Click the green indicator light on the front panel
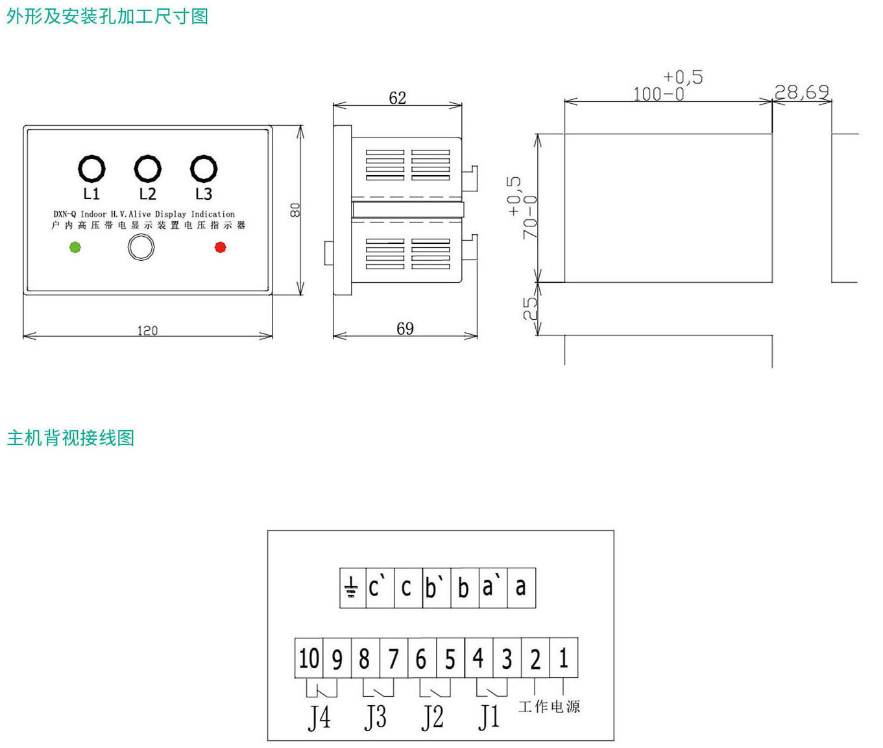pyautogui.click(x=75, y=247)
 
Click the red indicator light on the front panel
pyautogui.click(x=221, y=247)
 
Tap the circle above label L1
pyautogui.click(x=91, y=169)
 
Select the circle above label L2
pyautogui.click(x=148, y=169)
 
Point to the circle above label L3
pyautogui.click(x=204, y=169)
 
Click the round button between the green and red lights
pyautogui.click(x=141, y=247)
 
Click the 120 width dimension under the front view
pyautogui.click(x=147, y=331)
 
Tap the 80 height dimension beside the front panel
pyautogui.click(x=295, y=210)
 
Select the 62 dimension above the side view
pyautogui.click(x=398, y=98)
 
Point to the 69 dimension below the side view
pyautogui.click(x=405, y=329)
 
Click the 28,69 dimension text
pyautogui.click(x=802, y=93)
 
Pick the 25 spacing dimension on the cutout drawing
pyautogui.click(x=531, y=309)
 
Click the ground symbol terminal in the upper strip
pyautogui.click(x=352, y=588)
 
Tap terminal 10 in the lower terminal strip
pyautogui.click(x=309, y=658)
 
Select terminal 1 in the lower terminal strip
pyautogui.click(x=563, y=658)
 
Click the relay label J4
pyautogui.click(x=319, y=718)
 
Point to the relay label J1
pyautogui.click(x=489, y=718)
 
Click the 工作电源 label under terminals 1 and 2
pyautogui.click(x=549, y=706)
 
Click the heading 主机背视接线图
pyautogui.click(x=71, y=438)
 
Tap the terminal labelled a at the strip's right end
pyautogui.click(x=520, y=588)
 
